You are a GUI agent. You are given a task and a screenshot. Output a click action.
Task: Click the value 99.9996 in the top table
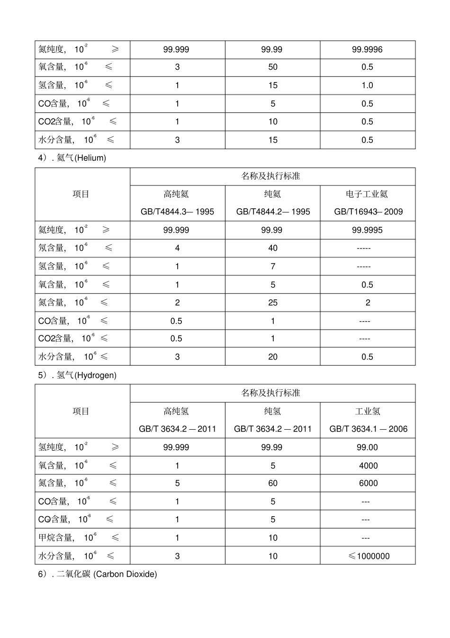[x=367, y=49]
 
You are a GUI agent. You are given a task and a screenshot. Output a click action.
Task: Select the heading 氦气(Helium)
[x=72, y=158]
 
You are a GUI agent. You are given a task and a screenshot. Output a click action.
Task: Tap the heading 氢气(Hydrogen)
[x=77, y=375]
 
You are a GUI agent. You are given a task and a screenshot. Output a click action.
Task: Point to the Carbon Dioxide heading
[x=98, y=574]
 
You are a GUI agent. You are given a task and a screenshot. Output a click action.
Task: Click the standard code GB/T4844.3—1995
[x=177, y=212]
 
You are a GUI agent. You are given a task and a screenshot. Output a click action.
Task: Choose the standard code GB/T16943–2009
[x=368, y=212]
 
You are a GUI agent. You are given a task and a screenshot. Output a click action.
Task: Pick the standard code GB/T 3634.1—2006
[x=368, y=429]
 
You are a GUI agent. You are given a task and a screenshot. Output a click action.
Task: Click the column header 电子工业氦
[x=367, y=194]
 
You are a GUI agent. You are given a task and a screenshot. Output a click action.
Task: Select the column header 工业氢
[x=368, y=411]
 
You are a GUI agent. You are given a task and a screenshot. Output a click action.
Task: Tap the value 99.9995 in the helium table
[x=367, y=230]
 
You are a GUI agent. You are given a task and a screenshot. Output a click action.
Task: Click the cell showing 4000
[x=368, y=466]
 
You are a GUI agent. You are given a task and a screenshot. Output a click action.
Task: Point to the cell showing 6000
[x=368, y=483]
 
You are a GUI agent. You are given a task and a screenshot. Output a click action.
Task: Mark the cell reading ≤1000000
[x=369, y=556]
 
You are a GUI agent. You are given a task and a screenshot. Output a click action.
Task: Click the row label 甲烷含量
[x=55, y=538]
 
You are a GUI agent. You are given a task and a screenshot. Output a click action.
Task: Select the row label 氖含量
[x=51, y=248]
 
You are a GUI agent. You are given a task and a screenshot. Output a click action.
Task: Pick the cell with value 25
[x=273, y=303]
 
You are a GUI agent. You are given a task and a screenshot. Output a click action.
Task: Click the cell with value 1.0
[x=367, y=85]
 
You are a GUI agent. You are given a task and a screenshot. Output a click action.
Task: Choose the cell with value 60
[x=273, y=483]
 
